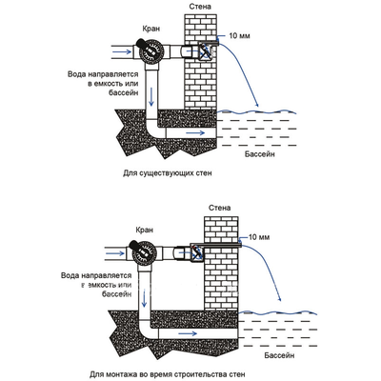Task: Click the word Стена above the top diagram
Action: [200, 6]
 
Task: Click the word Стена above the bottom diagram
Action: [220, 208]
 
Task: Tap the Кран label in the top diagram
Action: [150, 29]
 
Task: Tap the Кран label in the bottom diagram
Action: [145, 230]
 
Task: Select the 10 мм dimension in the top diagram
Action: [239, 35]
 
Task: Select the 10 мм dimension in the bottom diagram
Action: [259, 237]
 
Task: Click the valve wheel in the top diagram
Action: [151, 51]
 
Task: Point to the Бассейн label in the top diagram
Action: [260, 154]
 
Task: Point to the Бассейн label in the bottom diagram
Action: [279, 354]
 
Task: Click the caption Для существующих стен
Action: [167, 173]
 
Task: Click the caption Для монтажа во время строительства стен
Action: [168, 374]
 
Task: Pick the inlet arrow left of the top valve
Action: [123, 51]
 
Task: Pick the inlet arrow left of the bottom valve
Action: [115, 253]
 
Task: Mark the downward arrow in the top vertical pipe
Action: [151, 96]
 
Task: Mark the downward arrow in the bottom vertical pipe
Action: [145, 298]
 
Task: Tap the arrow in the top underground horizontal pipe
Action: [195, 132]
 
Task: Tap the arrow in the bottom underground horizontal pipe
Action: [188, 333]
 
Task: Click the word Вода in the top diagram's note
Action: [76, 74]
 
